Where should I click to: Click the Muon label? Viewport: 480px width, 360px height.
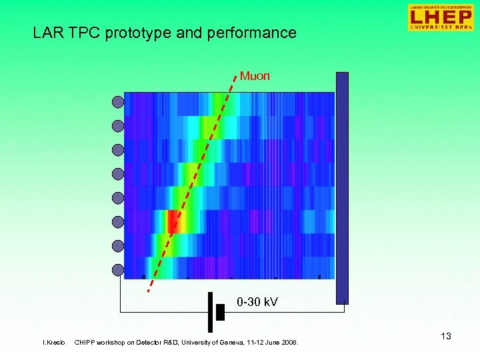pos(255,76)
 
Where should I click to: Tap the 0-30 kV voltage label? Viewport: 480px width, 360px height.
pos(257,303)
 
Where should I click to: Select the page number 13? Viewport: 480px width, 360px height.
pos(445,336)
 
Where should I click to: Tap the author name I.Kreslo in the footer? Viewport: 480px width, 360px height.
pos(54,343)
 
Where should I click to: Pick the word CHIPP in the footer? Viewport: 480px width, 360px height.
pos(85,343)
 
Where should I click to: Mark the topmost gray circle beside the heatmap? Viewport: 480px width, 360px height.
pos(118,102)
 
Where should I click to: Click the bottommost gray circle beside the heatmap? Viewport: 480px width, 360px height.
pos(118,270)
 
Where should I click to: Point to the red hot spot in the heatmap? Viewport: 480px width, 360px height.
pos(174,220)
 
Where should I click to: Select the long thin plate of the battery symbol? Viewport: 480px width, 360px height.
pos(210,311)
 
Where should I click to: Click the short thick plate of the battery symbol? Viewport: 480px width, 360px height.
pos(220,311)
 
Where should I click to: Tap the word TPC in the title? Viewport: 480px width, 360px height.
pos(82,33)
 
